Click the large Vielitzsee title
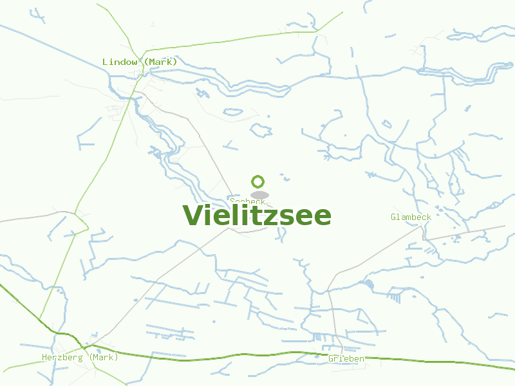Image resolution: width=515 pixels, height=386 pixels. click(257, 216)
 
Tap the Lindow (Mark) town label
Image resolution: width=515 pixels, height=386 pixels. click(140, 62)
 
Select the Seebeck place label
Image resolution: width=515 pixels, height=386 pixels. click(247, 201)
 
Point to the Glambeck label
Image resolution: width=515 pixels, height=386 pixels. click(411, 217)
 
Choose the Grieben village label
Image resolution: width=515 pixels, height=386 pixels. click(346, 358)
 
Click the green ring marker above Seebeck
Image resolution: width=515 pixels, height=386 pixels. click(258, 181)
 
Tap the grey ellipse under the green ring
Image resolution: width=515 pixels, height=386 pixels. click(259, 195)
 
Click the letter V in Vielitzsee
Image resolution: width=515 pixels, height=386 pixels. click(194, 216)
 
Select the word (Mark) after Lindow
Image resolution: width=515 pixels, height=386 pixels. click(160, 62)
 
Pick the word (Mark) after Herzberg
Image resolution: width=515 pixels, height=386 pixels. click(103, 357)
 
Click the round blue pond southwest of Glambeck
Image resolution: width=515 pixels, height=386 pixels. click(368, 284)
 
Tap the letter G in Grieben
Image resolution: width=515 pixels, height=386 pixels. click(331, 358)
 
